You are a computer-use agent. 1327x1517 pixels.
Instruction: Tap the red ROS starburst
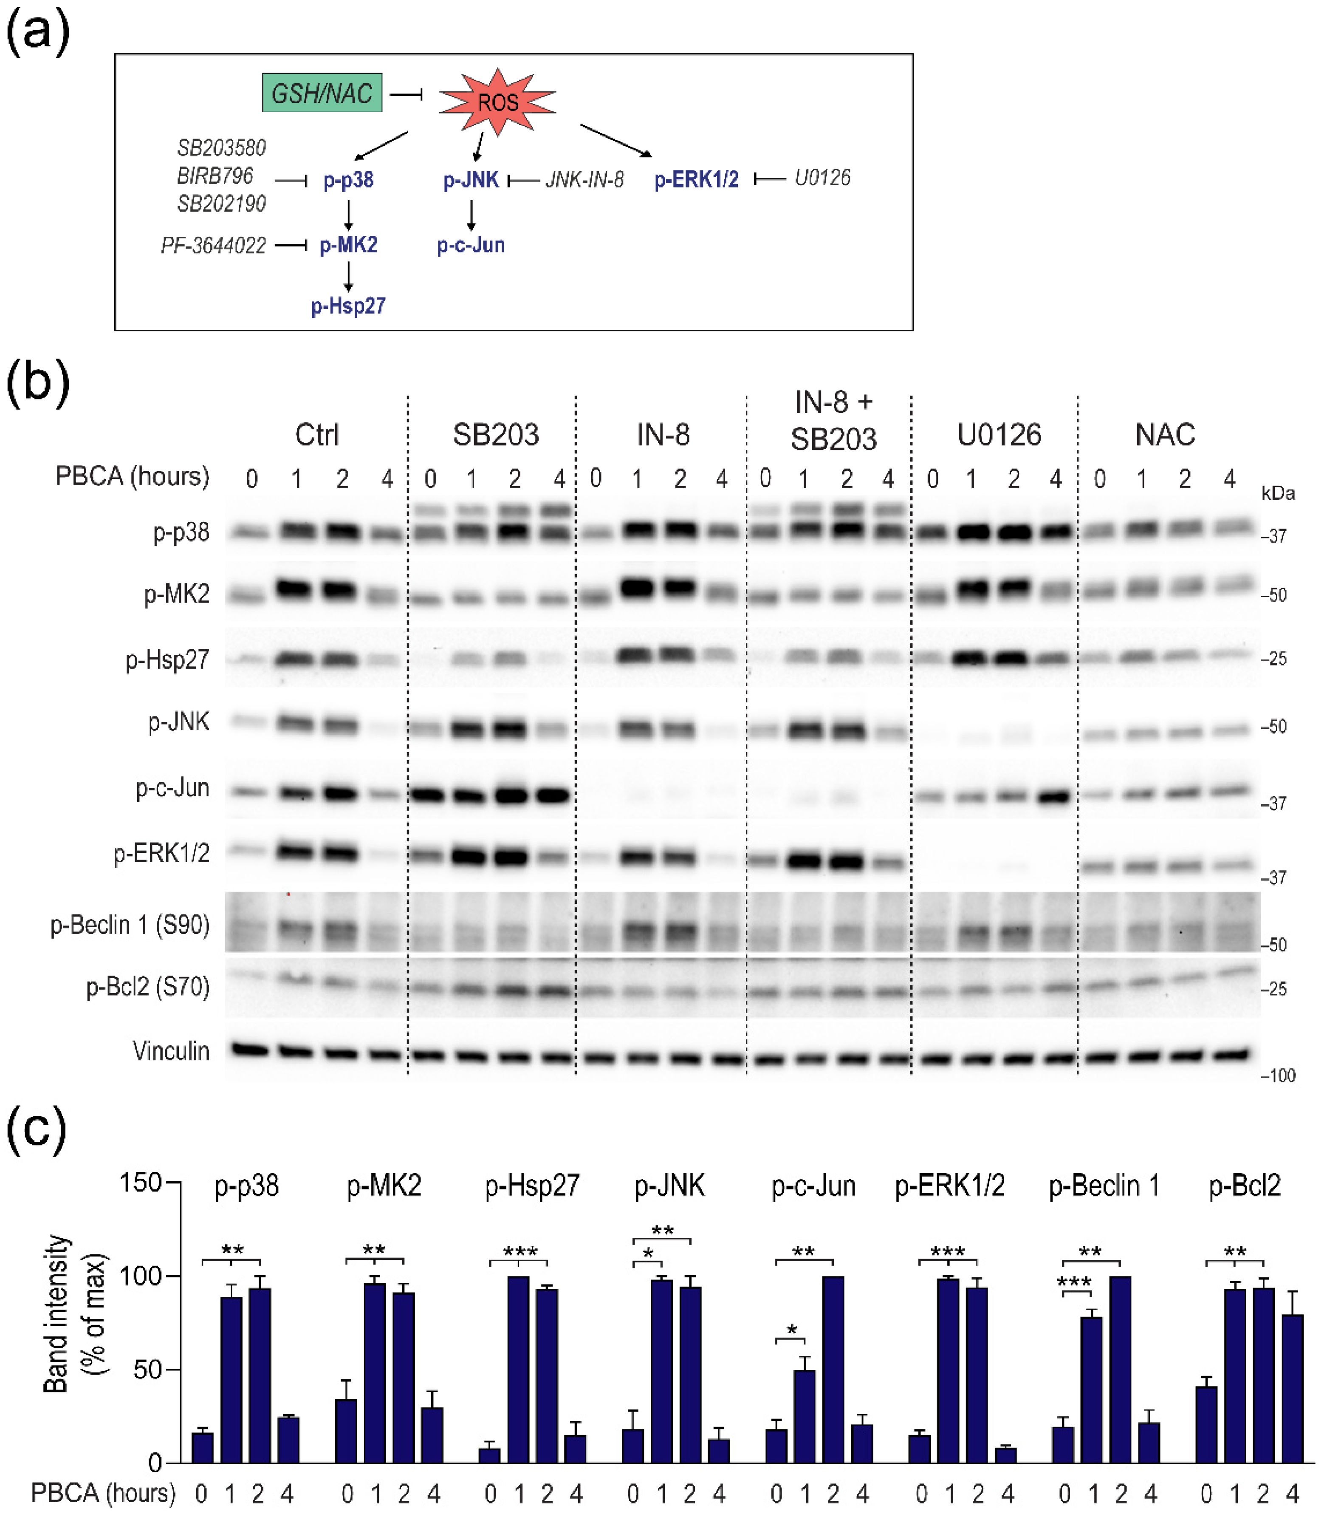pos(498,102)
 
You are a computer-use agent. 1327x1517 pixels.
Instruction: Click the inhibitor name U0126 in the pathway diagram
pos(822,178)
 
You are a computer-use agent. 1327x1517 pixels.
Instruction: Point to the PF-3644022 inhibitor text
pos(213,245)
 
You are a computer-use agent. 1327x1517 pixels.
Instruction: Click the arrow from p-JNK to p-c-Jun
pos(471,215)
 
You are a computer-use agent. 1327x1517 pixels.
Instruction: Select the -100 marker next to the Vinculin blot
pos(1278,1075)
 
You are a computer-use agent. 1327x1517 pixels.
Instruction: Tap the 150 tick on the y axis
pos(141,1182)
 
